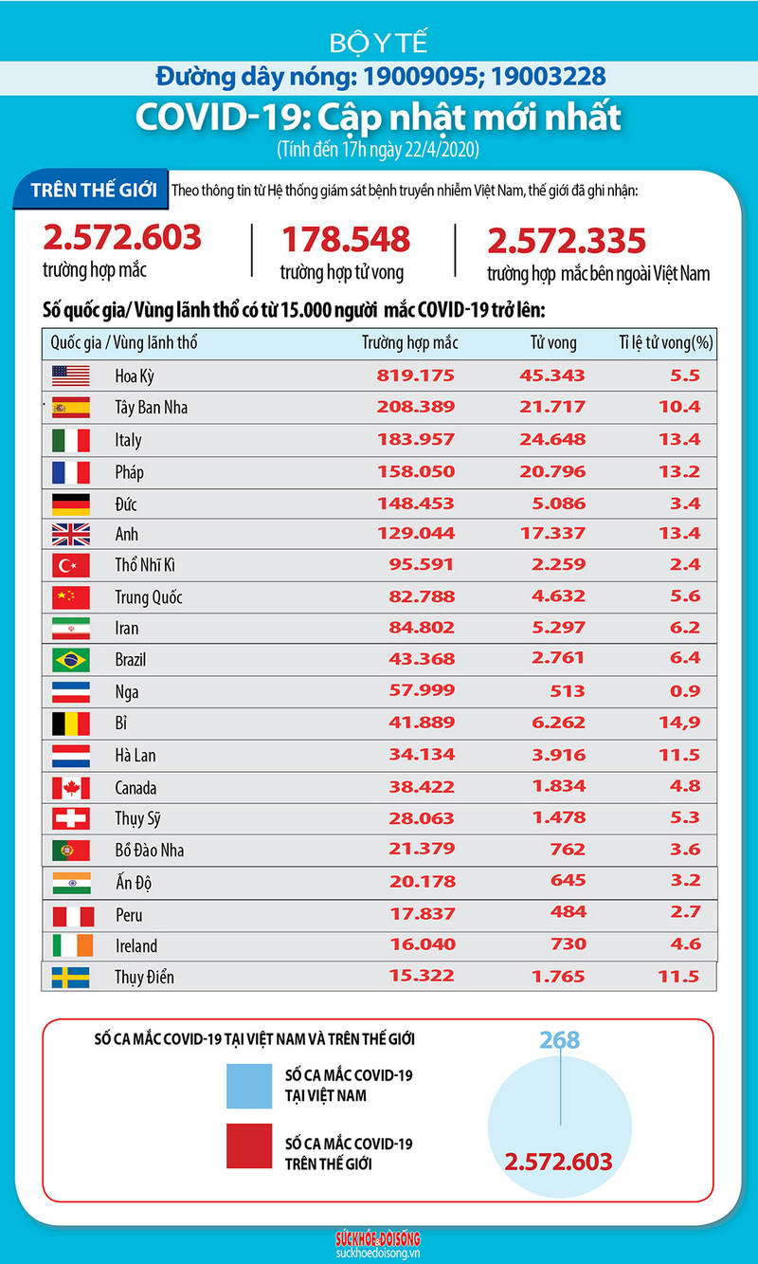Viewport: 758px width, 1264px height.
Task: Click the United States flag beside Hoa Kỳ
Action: (71, 376)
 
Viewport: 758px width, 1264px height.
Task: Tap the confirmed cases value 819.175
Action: (416, 376)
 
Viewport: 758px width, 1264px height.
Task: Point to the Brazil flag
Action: (71, 659)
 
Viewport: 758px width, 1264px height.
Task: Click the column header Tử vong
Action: (552, 343)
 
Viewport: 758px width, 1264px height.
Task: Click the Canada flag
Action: (71, 787)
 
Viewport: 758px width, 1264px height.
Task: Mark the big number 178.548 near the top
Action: (345, 240)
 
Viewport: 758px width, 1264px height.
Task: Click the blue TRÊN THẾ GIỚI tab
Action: (93, 189)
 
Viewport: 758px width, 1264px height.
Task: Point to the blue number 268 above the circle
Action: (559, 1040)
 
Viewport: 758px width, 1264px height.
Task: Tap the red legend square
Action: (248, 1145)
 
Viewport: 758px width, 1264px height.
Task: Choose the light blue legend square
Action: (248, 1086)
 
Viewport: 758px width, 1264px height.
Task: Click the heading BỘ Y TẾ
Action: (379, 43)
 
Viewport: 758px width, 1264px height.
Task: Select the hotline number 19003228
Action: (544, 76)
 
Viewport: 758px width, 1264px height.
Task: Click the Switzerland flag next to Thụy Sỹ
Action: (71, 818)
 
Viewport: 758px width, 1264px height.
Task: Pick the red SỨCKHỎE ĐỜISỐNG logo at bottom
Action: (378, 1239)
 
